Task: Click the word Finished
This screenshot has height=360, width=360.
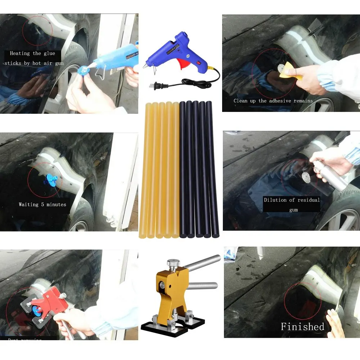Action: pos(302,327)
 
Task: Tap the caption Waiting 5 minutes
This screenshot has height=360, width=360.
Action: pos(42,204)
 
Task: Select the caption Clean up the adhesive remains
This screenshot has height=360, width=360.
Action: pos(273,101)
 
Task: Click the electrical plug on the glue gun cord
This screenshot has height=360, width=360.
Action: pos(158,86)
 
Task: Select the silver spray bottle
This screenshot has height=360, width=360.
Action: pos(331,176)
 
